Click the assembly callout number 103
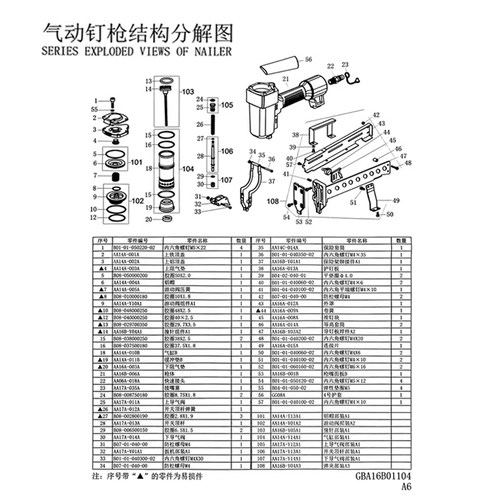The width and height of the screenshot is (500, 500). pos(187,91)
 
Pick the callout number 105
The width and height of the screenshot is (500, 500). pos(227,104)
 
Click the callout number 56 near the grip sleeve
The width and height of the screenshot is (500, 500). pos(308,59)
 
